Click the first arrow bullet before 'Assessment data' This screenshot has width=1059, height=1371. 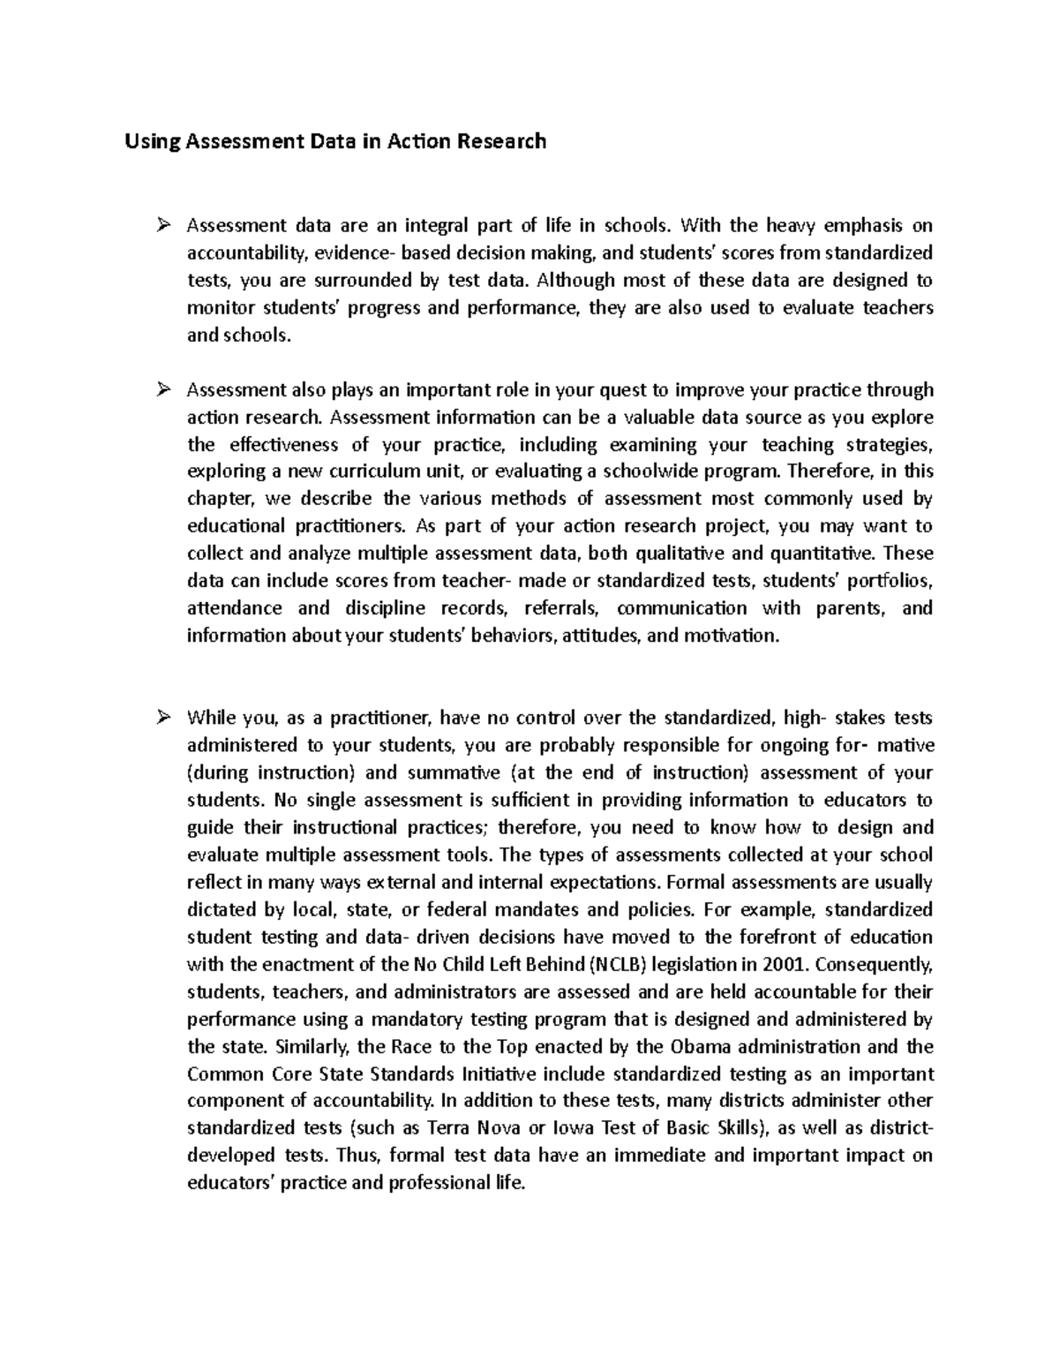point(161,226)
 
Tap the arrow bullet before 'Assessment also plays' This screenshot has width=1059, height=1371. point(161,390)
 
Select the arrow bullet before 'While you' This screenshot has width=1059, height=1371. point(161,719)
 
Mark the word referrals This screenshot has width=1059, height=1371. point(561,609)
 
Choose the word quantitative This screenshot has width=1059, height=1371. point(822,554)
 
